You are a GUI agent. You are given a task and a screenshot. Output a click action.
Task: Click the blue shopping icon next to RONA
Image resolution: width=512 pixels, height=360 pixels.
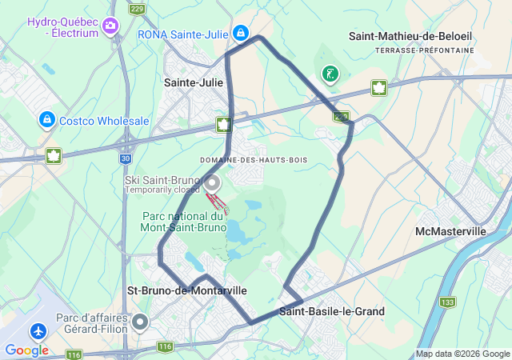pyautogui.click(x=240, y=33)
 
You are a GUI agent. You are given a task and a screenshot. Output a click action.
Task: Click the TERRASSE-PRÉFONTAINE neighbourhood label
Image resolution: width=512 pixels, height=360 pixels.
pyautogui.click(x=424, y=50)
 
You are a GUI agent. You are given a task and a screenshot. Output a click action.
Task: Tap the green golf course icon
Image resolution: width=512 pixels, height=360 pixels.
pyautogui.click(x=329, y=74)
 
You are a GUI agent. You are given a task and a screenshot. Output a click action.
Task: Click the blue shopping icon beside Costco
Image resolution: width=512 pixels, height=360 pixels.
pyautogui.click(x=46, y=120)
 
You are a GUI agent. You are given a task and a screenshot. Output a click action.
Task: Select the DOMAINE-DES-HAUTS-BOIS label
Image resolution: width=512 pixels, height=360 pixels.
pyautogui.click(x=254, y=160)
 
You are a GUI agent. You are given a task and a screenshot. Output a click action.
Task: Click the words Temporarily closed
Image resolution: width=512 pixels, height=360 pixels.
pyautogui.click(x=161, y=190)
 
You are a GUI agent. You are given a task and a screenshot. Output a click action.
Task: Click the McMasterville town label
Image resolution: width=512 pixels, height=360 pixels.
pyautogui.click(x=450, y=231)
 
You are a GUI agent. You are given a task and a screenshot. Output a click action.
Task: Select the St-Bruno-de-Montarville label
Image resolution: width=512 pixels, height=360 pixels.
pyautogui.click(x=187, y=290)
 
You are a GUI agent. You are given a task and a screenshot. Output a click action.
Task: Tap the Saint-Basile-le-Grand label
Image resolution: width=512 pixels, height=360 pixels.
pyautogui.click(x=332, y=311)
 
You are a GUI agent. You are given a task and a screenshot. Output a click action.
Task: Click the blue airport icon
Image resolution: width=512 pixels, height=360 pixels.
pyautogui.click(x=38, y=330)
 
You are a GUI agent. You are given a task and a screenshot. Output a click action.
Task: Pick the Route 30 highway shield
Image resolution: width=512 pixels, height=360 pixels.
pyautogui.click(x=126, y=159)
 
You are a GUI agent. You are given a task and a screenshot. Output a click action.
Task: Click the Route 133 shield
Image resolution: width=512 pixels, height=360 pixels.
pyautogui.click(x=447, y=302)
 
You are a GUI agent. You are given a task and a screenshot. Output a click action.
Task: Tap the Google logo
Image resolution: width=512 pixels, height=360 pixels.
pyautogui.click(x=26, y=350)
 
